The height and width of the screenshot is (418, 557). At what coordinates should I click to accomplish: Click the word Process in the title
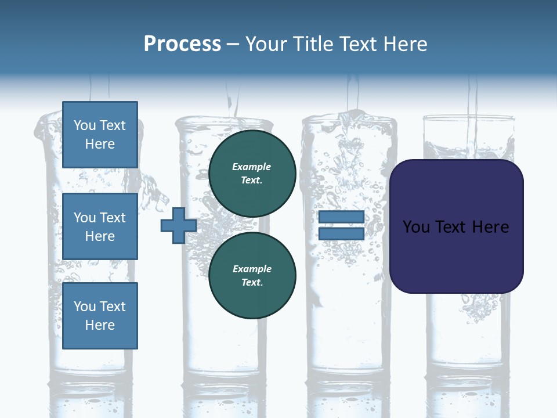click(x=182, y=44)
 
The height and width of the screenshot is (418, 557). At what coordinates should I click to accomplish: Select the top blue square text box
click(x=100, y=135)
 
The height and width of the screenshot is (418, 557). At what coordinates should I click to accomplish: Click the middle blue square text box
click(x=100, y=226)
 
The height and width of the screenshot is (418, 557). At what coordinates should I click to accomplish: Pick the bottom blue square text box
click(x=100, y=315)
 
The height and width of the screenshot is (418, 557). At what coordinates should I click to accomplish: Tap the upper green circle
click(x=252, y=173)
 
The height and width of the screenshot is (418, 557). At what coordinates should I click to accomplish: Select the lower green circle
click(x=252, y=275)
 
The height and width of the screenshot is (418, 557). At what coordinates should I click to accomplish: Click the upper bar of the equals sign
click(x=341, y=217)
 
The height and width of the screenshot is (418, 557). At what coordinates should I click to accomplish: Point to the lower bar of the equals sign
click(x=341, y=234)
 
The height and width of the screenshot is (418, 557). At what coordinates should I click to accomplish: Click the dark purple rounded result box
click(x=456, y=226)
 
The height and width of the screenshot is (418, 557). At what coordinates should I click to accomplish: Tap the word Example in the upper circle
click(x=252, y=167)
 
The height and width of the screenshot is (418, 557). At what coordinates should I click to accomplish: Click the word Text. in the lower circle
click(x=252, y=283)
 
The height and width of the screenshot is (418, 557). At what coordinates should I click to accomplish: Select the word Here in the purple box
click(x=490, y=226)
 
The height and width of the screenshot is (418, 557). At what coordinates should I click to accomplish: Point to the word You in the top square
click(x=85, y=125)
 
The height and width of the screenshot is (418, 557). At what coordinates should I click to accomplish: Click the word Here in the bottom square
click(x=100, y=325)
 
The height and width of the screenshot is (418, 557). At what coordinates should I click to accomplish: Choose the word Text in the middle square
click(x=113, y=218)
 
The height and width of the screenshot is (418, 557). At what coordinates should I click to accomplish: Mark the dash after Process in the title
click(x=233, y=44)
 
